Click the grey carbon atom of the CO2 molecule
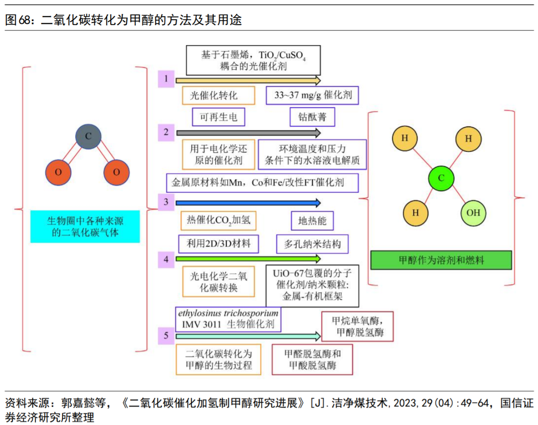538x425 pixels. (87, 137)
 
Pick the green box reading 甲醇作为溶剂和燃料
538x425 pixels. (441, 260)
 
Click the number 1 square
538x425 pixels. (166, 80)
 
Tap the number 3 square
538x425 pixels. (166, 202)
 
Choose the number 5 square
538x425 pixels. (166, 336)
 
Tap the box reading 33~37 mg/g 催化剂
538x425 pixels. (312, 95)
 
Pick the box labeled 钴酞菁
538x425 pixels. (312, 117)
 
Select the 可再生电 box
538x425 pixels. (219, 117)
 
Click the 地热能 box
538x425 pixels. (312, 221)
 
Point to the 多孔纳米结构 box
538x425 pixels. (312, 244)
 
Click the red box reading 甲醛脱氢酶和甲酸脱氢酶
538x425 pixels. (312, 359)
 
